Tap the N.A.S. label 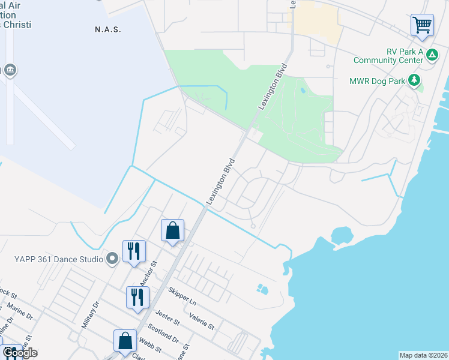(x=108, y=29)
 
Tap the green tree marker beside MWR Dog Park (x=414, y=80)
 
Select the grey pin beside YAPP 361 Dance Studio (x=112, y=259)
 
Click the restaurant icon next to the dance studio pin (x=134, y=251)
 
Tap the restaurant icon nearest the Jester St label (x=137, y=298)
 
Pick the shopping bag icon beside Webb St (x=125, y=340)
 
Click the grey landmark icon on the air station (x=10, y=71)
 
